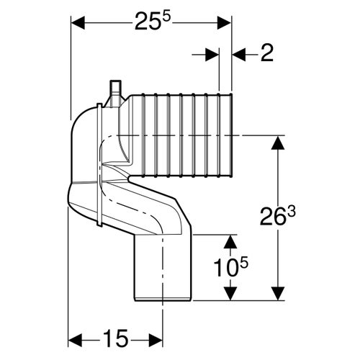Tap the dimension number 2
tap(267, 54)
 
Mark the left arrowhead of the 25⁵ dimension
tap(77, 24)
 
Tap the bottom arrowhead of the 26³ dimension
tap(276, 294)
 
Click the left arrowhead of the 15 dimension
tap(77, 338)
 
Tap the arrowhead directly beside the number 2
tap(239, 54)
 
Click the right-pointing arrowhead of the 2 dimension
tap(212, 54)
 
